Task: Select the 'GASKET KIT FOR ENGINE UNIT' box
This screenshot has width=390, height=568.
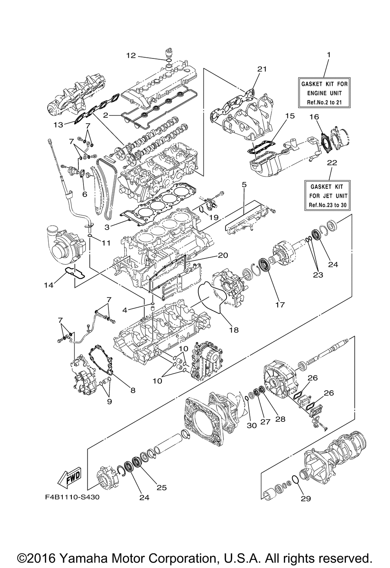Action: [x=324, y=93]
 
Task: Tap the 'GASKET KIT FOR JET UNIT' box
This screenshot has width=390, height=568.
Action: [x=327, y=195]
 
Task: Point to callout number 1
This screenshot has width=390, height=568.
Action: [x=329, y=55]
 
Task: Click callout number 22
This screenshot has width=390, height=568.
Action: [x=332, y=163]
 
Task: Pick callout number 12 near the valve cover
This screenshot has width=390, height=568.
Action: [x=131, y=55]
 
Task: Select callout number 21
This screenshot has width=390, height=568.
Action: [x=262, y=69]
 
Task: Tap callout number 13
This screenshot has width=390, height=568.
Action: [x=58, y=125]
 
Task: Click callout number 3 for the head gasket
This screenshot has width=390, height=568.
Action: [x=107, y=227]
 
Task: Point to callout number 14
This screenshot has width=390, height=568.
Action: [x=49, y=285]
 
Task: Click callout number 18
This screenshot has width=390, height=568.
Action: [x=234, y=330]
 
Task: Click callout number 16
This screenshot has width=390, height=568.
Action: [x=314, y=117]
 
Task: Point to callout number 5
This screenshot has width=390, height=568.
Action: [x=244, y=185]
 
